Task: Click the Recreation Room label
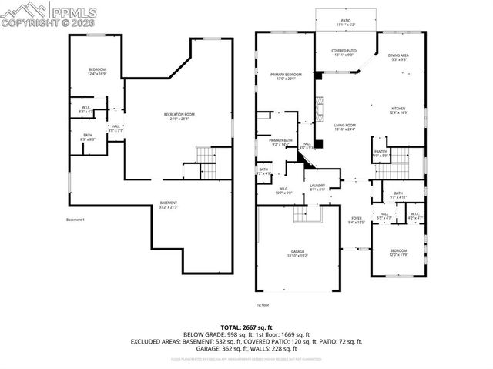click(176, 116)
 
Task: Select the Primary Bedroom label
click(286, 76)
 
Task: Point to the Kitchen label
click(398, 110)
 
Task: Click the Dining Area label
click(398, 58)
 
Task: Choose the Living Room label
click(344, 127)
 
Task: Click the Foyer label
click(356, 220)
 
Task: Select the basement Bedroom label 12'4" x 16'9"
click(97, 72)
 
